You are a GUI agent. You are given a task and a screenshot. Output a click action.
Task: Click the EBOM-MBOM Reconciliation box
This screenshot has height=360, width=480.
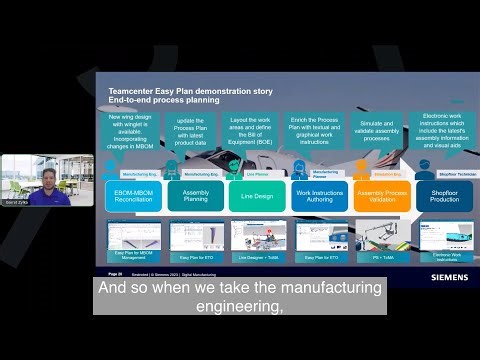click(132, 195)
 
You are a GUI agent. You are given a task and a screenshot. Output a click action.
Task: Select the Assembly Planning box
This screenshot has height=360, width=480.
click(195, 195)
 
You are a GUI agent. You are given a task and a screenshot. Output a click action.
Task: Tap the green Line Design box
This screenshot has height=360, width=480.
click(257, 195)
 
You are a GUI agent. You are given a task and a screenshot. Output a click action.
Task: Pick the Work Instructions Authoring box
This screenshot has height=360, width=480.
click(319, 195)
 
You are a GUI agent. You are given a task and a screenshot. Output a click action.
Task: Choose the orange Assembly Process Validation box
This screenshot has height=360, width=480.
click(382, 195)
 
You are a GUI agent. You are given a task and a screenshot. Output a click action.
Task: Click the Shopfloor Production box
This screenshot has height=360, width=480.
click(444, 195)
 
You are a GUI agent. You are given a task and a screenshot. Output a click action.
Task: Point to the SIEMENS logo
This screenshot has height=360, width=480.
click(449, 277)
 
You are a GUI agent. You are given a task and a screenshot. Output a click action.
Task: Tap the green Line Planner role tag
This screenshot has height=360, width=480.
click(257, 172)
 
